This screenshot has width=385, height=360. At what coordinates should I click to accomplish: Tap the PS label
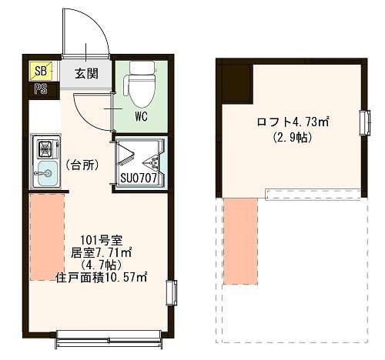[x=39, y=89]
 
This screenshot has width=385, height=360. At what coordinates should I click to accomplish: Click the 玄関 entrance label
[x=86, y=75]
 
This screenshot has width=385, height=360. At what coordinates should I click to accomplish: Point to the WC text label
[x=141, y=118]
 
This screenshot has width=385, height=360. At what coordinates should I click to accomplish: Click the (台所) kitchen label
[x=81, y=165]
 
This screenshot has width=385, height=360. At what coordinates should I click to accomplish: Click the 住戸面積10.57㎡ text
[x=102, y=276]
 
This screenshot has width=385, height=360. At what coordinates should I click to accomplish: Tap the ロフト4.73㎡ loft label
[x=293, y=122]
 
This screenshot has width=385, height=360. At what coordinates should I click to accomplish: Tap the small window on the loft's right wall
[x=363, y=122]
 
